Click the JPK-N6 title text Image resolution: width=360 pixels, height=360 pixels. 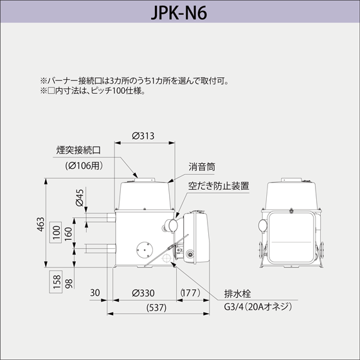coord(179,12)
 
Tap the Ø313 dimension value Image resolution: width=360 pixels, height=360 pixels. coord(143,136)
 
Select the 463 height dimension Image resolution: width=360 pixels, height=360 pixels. coord(40,224)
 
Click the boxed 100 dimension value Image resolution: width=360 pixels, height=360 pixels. coord(56,232)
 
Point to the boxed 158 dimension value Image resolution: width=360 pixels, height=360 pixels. coord(56,282)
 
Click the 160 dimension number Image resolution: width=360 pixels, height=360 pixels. coord(68,234)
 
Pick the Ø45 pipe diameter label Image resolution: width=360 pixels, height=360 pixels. coord(80,198)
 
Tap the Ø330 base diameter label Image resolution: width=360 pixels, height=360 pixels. coord(143,293)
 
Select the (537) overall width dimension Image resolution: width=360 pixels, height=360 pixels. coord(156,308)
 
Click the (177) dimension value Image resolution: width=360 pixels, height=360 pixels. coord(190,293)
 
